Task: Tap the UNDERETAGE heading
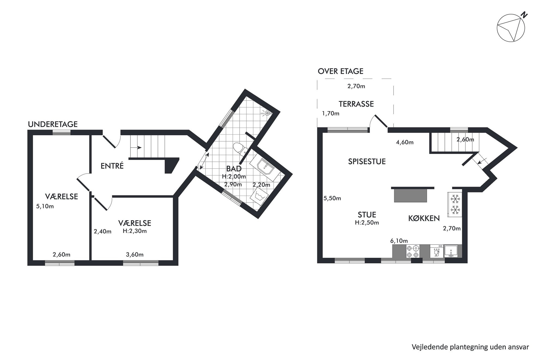point(53,124)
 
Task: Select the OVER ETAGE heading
point(340,71)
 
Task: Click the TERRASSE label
point(356,104)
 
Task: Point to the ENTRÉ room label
point(112,166)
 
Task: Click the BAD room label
point(234,169)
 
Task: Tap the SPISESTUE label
point(367,162)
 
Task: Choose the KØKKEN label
point(424,218)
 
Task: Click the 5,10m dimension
point(45,206)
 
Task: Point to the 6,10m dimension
point(399,241)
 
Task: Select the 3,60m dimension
point(135,255)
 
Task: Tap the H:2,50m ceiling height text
point(367,223)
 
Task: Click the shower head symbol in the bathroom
point(267,113)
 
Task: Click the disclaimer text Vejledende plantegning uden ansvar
point(470,347)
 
